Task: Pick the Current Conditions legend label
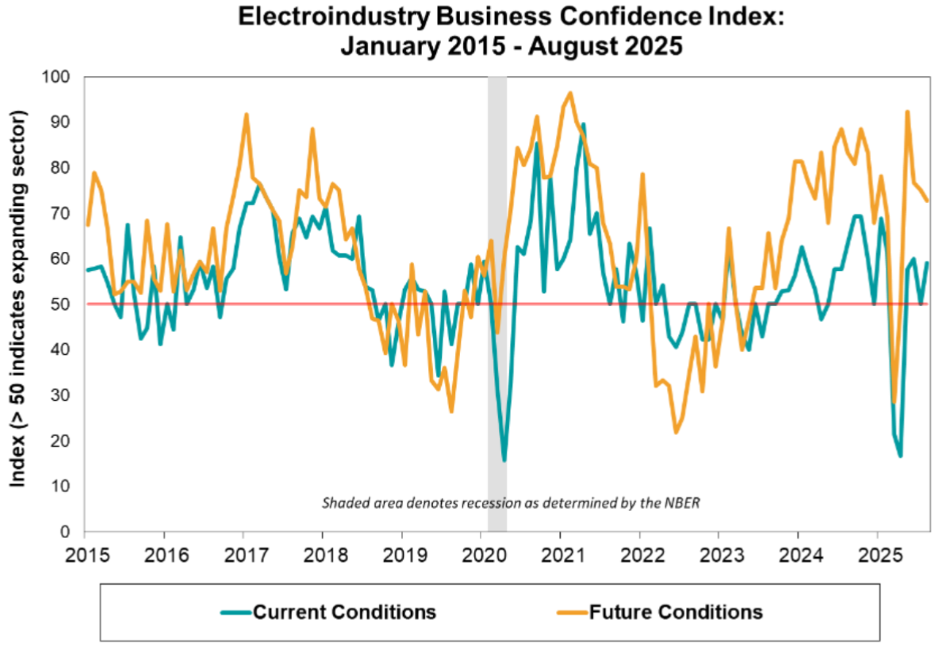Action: click(x=344, y=612)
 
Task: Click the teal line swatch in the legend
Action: click(x=235, y=613)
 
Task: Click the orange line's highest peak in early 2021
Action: click(x=570, y=93)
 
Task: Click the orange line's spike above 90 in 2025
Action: click(x=906, y=112)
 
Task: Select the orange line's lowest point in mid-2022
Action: click(x=676, y=432)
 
